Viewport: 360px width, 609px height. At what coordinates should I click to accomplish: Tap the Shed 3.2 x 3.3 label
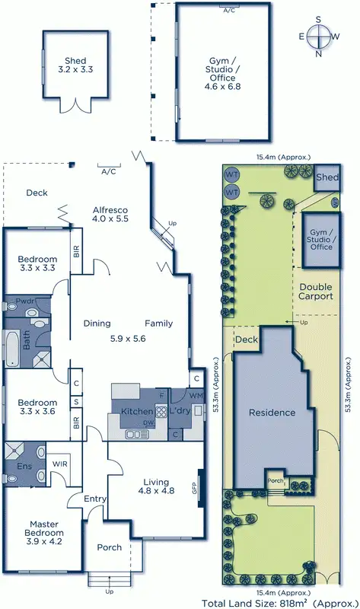click(75, 65)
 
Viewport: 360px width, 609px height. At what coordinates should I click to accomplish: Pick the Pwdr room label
click(24, 302)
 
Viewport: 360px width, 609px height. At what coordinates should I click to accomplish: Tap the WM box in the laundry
click(197, 396)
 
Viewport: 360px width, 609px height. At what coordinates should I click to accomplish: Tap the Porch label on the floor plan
click(109, 548)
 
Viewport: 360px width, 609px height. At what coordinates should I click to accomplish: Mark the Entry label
click(95, 499)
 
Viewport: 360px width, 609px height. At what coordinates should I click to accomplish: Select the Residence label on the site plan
click(272, 413)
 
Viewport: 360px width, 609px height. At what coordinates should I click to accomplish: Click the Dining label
click(97, 323)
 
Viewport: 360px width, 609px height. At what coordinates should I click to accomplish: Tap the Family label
click(158, 323)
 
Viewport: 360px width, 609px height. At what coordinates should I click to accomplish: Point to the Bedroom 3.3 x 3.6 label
click(38, 408)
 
